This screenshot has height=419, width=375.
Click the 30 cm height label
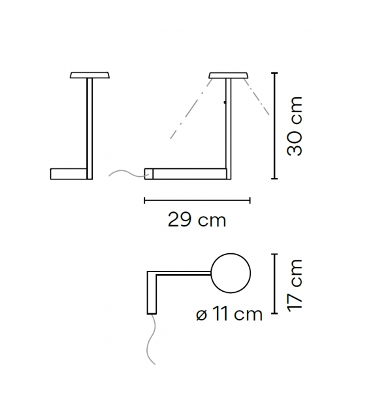pos(295,125)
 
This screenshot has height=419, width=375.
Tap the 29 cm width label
pos(197,220)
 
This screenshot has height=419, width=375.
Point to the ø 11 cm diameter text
pos(229,315)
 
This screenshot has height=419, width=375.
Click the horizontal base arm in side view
pos(189,173)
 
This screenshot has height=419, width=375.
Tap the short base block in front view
pos(68,173)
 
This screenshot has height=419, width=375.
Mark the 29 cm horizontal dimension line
pos(197,200)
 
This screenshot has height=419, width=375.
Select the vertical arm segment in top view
pos(153,295)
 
